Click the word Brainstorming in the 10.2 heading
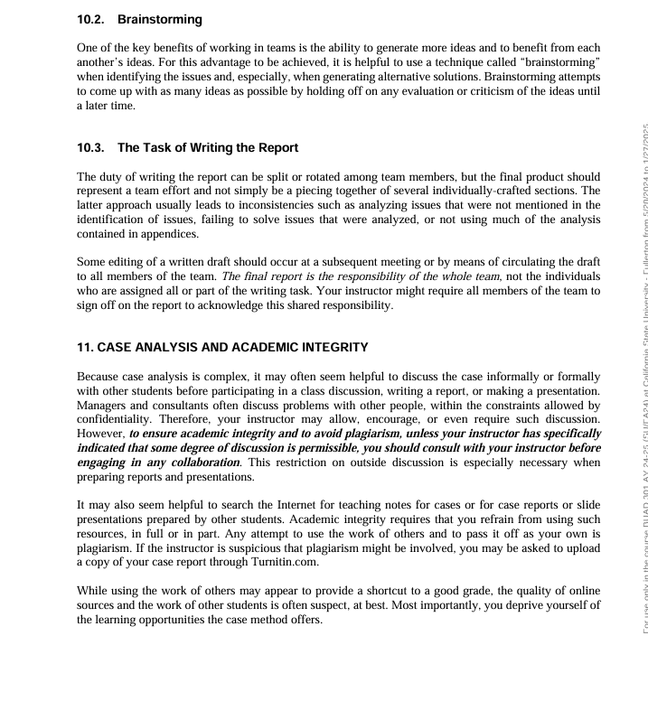(160, 19)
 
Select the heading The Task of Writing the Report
(208, 147)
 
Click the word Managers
(104, 405)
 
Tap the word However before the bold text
(100, 434)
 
